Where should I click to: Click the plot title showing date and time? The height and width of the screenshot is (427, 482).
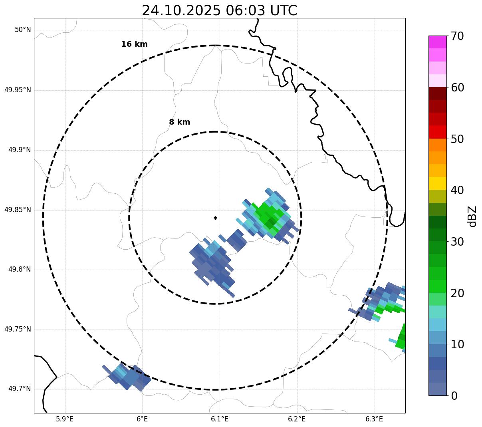219,10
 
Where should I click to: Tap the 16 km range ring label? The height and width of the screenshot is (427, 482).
134,44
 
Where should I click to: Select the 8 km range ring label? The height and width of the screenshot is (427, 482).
179,122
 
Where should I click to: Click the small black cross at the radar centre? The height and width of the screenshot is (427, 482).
215,218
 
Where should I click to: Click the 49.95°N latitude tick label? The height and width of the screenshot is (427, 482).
18,90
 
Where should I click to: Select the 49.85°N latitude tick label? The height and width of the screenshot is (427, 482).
18,210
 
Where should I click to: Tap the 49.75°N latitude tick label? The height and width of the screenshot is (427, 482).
18,329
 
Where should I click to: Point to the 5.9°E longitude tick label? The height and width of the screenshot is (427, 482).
65,419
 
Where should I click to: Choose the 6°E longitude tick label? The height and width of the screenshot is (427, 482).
142,419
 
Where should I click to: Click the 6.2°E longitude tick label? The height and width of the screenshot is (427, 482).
297,419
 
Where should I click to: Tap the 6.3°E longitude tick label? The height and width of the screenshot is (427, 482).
374,419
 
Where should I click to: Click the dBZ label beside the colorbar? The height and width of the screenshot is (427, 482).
472,216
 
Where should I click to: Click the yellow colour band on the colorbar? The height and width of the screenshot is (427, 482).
437,183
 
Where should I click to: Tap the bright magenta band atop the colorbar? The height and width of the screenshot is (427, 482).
437,42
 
